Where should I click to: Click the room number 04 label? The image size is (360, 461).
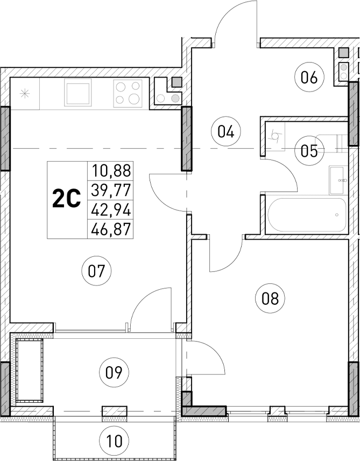(225, 131)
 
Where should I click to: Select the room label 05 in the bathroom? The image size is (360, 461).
(309, 150)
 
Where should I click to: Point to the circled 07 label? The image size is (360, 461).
(98, 271)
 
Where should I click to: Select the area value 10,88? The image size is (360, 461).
(111, 171)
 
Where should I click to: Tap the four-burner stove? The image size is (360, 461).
(128, 92)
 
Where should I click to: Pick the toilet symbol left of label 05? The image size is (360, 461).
(277, 136)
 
